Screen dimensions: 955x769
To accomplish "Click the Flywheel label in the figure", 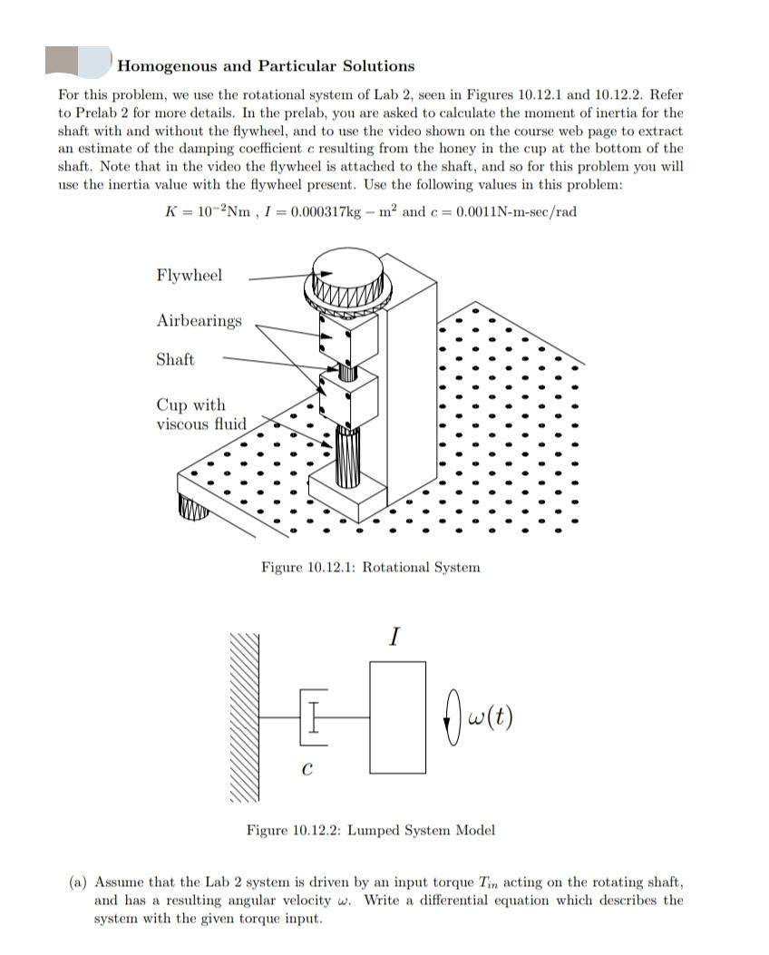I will (189, 275).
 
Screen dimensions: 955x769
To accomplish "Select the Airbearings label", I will (199, 320).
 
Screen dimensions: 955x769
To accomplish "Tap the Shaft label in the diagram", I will (175, 359).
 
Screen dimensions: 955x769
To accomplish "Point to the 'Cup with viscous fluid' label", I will (200, 414).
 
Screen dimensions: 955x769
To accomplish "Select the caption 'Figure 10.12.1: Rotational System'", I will (370, 568).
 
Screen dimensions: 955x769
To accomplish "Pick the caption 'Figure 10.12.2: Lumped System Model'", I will (371, 830).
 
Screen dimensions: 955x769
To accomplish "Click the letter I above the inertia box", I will (393, 638).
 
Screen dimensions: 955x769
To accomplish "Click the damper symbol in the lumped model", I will (311, 716).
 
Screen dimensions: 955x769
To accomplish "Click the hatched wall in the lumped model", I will (245, 716).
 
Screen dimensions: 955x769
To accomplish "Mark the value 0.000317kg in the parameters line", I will (346, 212).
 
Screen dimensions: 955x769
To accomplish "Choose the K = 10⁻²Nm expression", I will (203, 212).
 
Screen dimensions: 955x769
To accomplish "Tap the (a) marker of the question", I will (80, 882).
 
